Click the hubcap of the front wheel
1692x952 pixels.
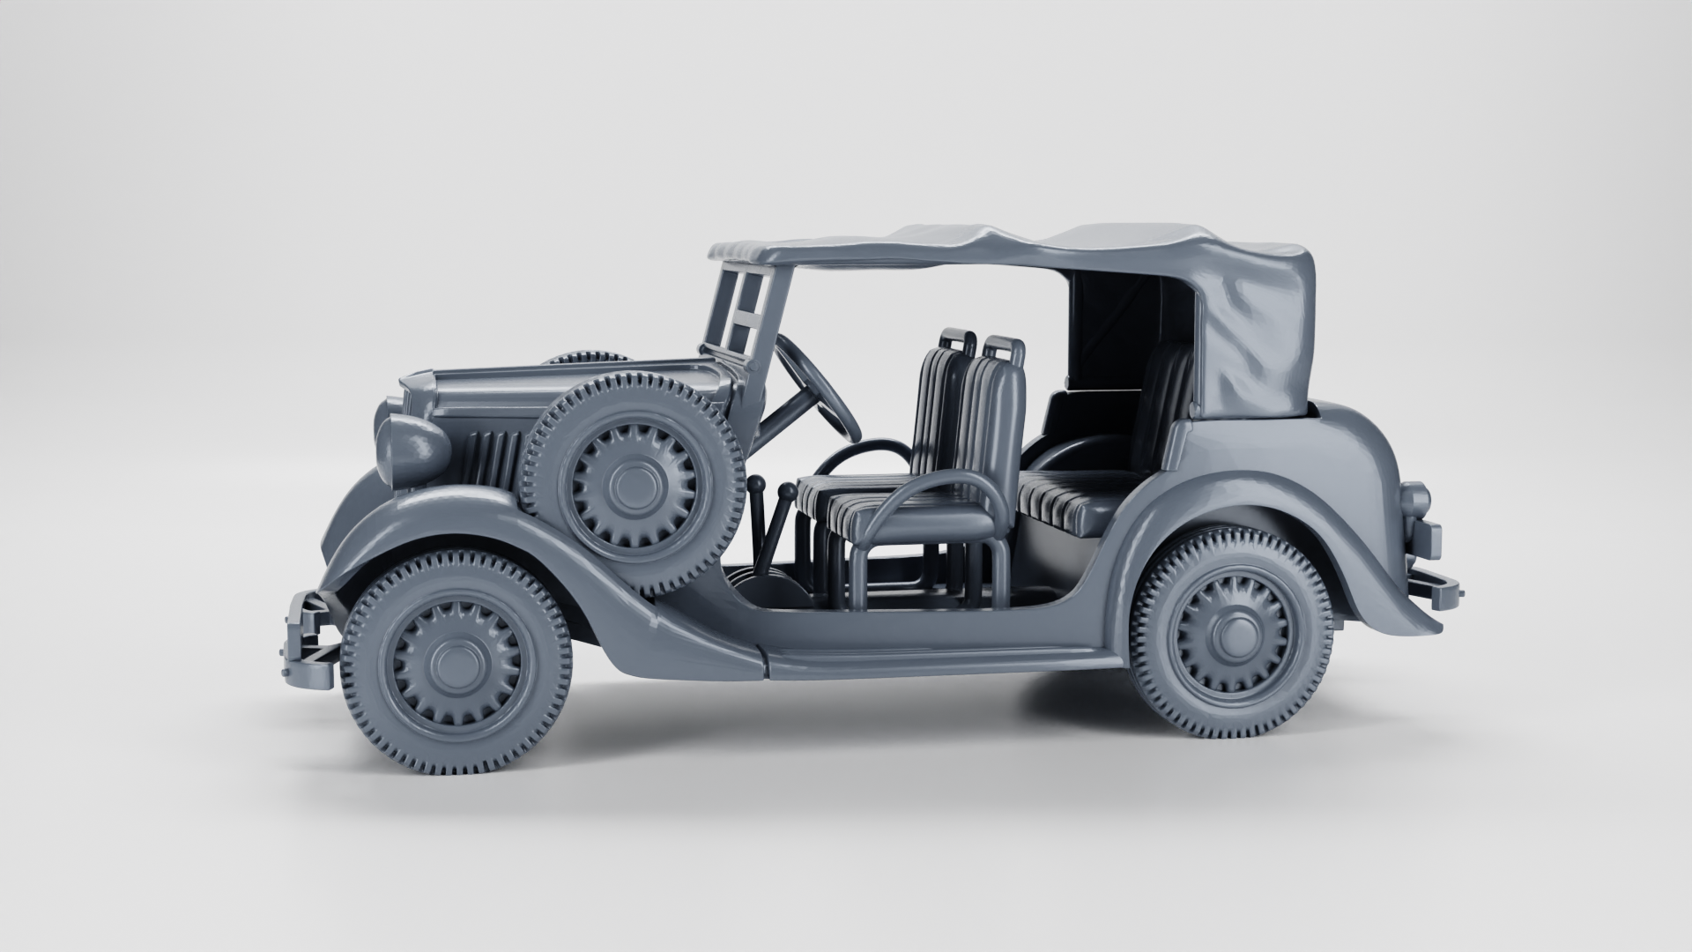[x=456, y=663]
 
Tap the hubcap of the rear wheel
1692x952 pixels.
[x=1231, y=631]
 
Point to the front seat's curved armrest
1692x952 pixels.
[x=934, y=494]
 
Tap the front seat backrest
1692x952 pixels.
[x=991, y=414]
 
